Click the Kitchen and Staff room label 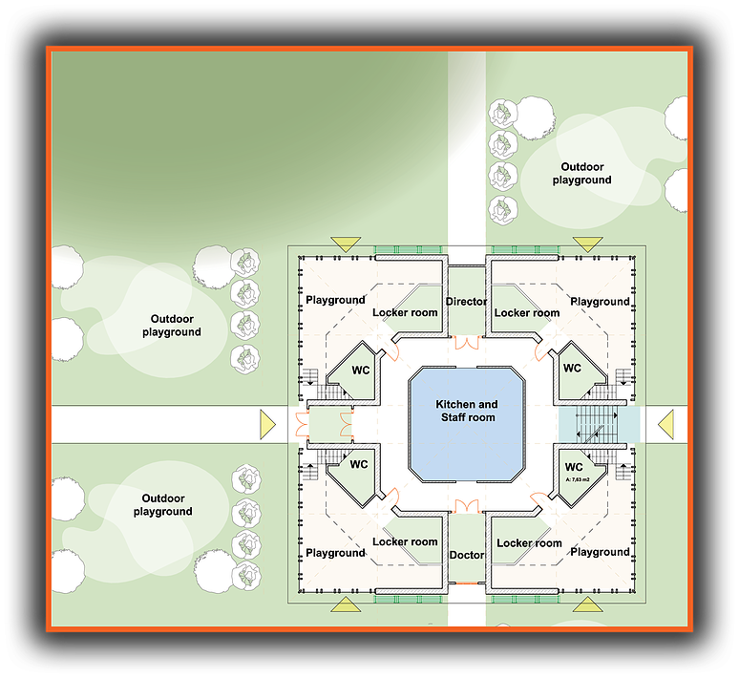click(x=467, y=411)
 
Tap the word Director click(x=466, y=302)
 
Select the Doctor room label click(x=467, y=555)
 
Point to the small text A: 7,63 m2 click(x=578, y=479)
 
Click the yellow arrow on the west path click(x=267, y=424)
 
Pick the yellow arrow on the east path click(x=665, y=424)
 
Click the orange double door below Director click(x=467, y=343)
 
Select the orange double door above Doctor click(x=467, y=506)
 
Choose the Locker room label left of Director click(x=405, y=312)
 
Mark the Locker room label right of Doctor click(x=529, y=543)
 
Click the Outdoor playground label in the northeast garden click(x=582, y=174)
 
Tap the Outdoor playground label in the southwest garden click(x=162, y=505)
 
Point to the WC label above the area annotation click(x=574, y=467)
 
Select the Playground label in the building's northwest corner click(x=335, y=300)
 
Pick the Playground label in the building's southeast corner click(x=600, y=552)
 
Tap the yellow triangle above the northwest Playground click(x=346, y=244)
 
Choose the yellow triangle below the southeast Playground click(x=588, y=604)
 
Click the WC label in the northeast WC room click(x=572, y=368)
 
